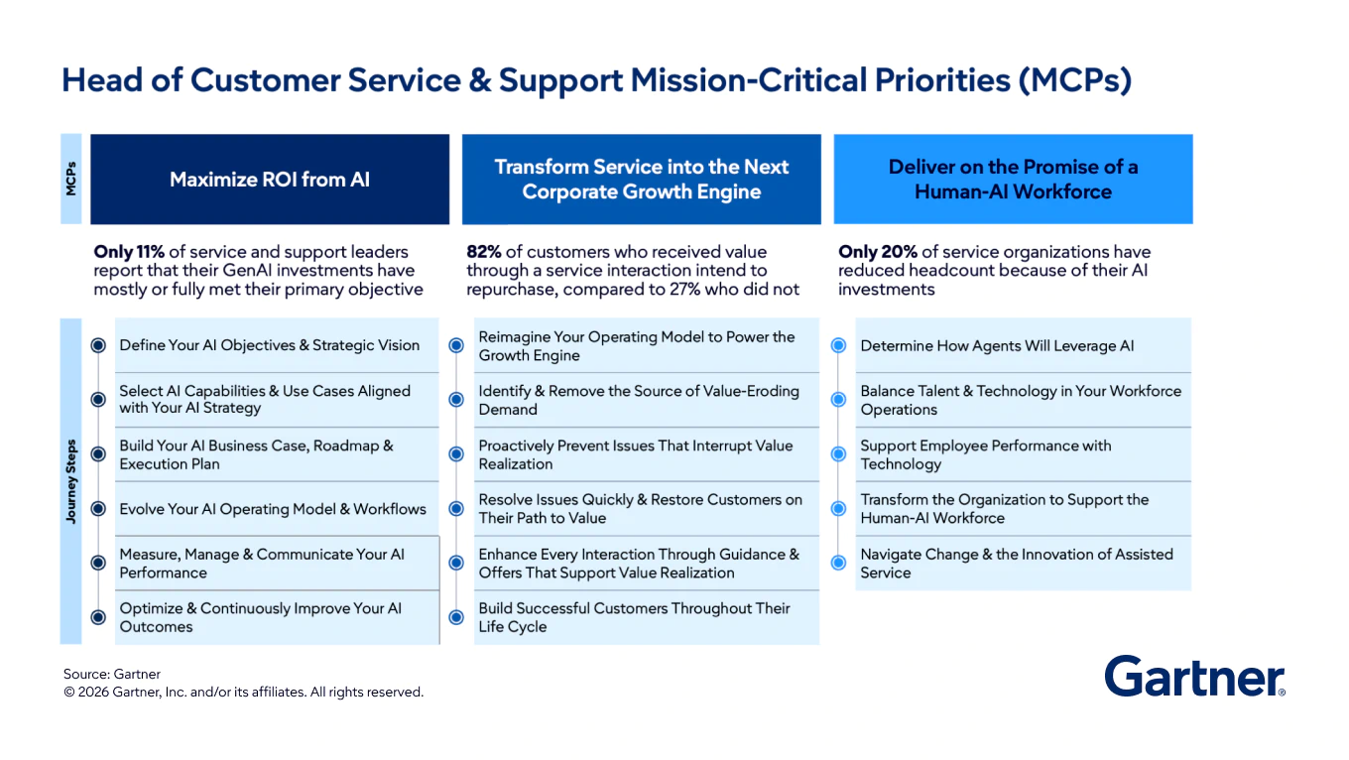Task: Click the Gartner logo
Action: tap(1194, 677)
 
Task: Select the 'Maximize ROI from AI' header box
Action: tap(270, 180)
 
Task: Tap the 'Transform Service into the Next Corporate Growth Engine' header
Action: tap(641, 180)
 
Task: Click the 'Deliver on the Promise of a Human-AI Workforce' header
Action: tap(1013, 180)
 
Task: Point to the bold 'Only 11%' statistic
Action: tap(129, 252)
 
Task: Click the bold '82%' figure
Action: tap(484, 252)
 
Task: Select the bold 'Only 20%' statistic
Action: tap(878, 252)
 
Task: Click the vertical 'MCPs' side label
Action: tap(71, 179)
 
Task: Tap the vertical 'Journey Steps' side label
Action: tap(71, 482)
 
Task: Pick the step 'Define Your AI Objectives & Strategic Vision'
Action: tap(269, 345)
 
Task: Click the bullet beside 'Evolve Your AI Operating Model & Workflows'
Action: tap(98, 509)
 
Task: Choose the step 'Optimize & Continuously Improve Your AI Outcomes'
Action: tap(261, 617)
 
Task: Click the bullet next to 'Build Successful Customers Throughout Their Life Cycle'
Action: tap(456, 617)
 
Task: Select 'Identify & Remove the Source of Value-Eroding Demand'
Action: tap(638, 400)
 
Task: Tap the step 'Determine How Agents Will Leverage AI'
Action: tap(997, 346)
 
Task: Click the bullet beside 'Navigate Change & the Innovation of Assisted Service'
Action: tap(838, 563)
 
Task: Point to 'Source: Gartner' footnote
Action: tap(112, 674)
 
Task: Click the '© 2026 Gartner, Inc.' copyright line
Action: tap(243, 692)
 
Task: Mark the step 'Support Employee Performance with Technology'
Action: tap(985, 454)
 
